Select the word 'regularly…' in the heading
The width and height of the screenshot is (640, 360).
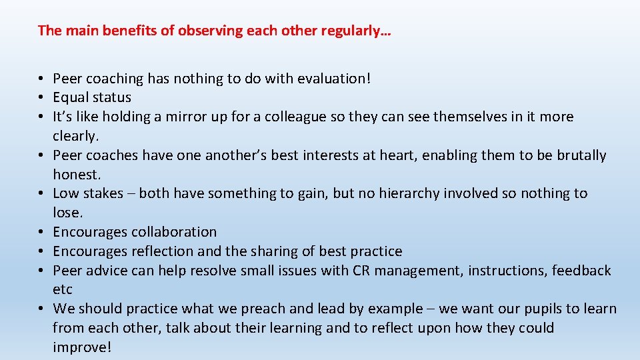tap(360, 31)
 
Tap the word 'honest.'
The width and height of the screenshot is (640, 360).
tap(77, 175)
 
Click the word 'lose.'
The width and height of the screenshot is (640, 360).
tap(67, 213)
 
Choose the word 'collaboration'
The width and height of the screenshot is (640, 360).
tap(174, 233)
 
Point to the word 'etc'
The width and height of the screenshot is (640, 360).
tap(63, 290)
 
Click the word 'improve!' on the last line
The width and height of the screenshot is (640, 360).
tap(82, 348)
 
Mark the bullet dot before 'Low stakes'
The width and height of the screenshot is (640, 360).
tap(42, 194)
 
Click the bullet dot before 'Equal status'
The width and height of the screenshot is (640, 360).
tap(42, 98)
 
